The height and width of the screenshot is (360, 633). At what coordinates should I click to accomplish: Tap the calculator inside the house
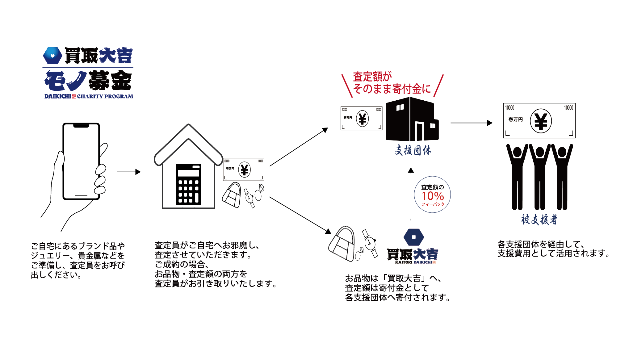pyautogui.click(x=188, y=185)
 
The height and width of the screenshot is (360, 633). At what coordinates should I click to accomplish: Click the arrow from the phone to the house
pyautogui.click(x=129, y=172)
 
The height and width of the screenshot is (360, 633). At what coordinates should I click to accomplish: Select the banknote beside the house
pyautogui.click(x=244, y=169)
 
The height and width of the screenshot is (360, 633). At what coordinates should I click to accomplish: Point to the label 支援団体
pyautogui.click(x=413, y=150)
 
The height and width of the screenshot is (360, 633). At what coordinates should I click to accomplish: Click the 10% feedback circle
pyautogui.click(x=433, y=195)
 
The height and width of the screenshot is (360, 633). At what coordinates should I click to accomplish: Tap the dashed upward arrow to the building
pyautogui.click(x=411, y=195)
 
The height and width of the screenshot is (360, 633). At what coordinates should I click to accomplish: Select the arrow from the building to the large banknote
pyautogui.click(x=471, y=123)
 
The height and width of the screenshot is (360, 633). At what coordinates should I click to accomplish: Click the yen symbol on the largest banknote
pyautogui.click(x=541, y=121)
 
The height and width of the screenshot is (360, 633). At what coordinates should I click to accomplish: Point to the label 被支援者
pyautogui.click(x=539, y=220)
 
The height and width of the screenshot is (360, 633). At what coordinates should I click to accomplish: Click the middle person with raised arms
pyautogui.click(x=540, y=176)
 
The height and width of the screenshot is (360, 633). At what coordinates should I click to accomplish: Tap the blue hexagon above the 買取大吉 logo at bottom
pyautogui.click(x=414, y=237)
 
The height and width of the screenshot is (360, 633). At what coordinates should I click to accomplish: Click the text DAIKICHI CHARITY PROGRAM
pyautogui.click(x=89, y=96)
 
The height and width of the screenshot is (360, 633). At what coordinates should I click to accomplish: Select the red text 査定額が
pyautogui.click(x=372, y=77)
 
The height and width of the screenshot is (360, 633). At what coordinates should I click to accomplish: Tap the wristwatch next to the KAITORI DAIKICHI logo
pyautogui.click(x=370, y=243)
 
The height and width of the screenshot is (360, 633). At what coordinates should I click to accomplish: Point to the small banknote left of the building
pyautogui.click(x=361, y=119)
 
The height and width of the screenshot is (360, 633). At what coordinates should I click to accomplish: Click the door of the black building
pyautogui.click(x=419, y=131)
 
